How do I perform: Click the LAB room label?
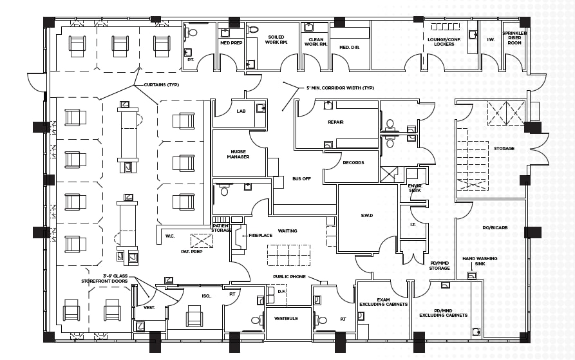pos(241,111)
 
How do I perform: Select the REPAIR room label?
pos(335,122)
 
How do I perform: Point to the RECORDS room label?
pos(353,163)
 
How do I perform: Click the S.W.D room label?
pos(367,215)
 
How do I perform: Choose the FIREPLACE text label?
pos(261,236)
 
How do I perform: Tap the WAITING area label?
pos(287,231)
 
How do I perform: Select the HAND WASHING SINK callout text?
pos(480,261)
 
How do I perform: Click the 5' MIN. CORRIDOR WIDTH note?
pos(341,88)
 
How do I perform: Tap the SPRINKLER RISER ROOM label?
pos(515,37)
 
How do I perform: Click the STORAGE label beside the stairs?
pos(504,149)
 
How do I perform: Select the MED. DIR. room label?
pos(349,47)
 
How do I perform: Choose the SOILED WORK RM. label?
pos(277,40)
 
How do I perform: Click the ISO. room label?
pos(206,296)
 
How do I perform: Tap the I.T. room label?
pos(413,225)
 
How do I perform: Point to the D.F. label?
pos(281,292)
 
